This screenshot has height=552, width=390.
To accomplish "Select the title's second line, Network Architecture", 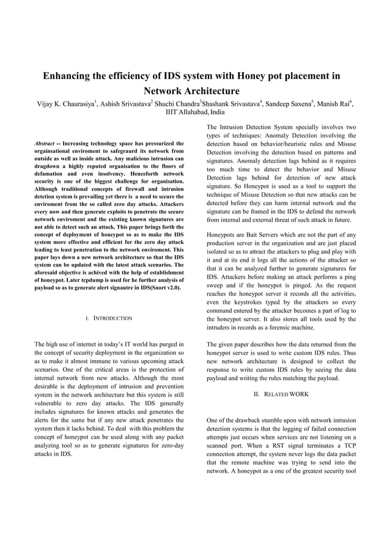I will (195, 91).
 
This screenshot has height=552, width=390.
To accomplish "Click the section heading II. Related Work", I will (281, 394).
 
